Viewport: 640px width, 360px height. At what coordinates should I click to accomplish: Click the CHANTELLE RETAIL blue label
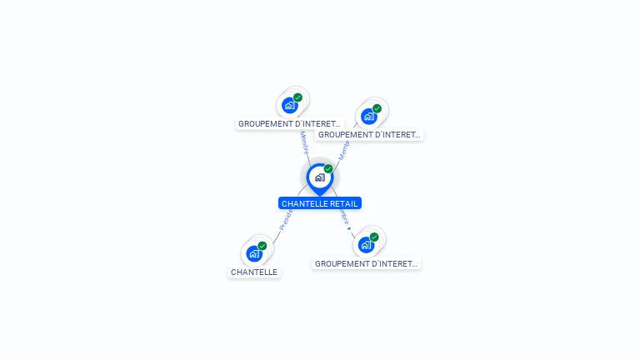tap(320, 203)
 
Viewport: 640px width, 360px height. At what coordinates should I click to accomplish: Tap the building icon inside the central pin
tap(319, 177)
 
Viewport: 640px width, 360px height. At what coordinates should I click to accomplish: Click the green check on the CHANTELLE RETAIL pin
tap(328, 169)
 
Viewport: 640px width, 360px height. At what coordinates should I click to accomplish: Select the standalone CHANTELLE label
tap(254, 272)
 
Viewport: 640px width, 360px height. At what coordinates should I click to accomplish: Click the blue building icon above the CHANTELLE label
tap(254, 253)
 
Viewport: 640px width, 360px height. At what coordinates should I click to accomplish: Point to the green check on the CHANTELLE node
tap(262, 246)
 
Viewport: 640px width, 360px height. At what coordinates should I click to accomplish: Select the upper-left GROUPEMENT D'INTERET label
tap(289, 123)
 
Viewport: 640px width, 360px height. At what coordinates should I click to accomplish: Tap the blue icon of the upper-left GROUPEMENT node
tap(289, 105)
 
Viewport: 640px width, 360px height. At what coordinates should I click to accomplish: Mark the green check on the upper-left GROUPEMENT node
tap(297, 97)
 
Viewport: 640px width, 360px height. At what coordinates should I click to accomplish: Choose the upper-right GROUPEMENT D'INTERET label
tap(369, 134)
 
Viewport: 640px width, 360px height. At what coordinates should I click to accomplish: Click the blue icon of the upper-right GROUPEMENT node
tap(368, 116)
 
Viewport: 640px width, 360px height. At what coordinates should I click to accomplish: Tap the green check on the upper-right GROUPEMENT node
tap(377, 108)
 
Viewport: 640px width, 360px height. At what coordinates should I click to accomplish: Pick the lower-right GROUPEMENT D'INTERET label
tap(367, 263)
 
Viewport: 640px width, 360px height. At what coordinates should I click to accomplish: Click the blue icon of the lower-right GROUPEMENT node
tap(365, 245)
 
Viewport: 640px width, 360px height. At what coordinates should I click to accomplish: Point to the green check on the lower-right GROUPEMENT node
tap(374, 237)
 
